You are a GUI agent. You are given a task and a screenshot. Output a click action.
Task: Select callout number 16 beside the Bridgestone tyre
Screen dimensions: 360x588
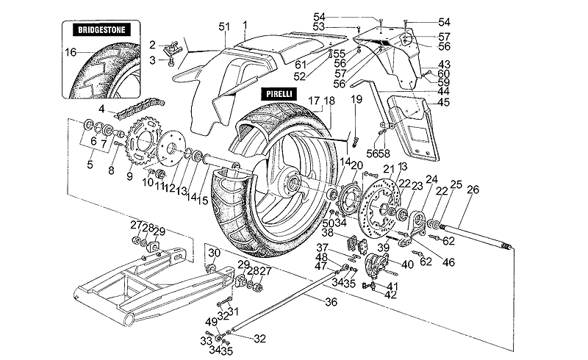click(70, 52)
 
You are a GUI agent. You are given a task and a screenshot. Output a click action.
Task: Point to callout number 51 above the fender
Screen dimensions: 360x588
click(224, 27)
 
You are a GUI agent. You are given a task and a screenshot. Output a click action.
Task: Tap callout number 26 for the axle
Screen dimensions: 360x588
click(473, 190)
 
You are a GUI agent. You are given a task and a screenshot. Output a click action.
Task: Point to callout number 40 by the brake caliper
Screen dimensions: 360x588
click(406, 264)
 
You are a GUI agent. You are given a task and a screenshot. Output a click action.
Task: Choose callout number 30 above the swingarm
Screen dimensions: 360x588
click(213, 253)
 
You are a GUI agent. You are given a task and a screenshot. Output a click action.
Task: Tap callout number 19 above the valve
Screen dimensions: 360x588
click(356, 98)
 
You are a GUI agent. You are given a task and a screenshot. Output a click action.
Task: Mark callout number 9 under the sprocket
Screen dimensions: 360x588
click(130, 176)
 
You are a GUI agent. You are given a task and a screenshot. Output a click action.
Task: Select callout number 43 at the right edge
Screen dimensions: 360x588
click(444, 65)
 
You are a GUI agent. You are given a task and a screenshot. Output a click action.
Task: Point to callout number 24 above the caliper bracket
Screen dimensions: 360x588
click(431, 179)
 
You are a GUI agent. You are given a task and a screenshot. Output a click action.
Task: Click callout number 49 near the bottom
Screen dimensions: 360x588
click(211, 322)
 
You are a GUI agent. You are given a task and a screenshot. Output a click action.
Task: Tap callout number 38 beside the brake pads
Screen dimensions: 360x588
click(329, 231)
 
